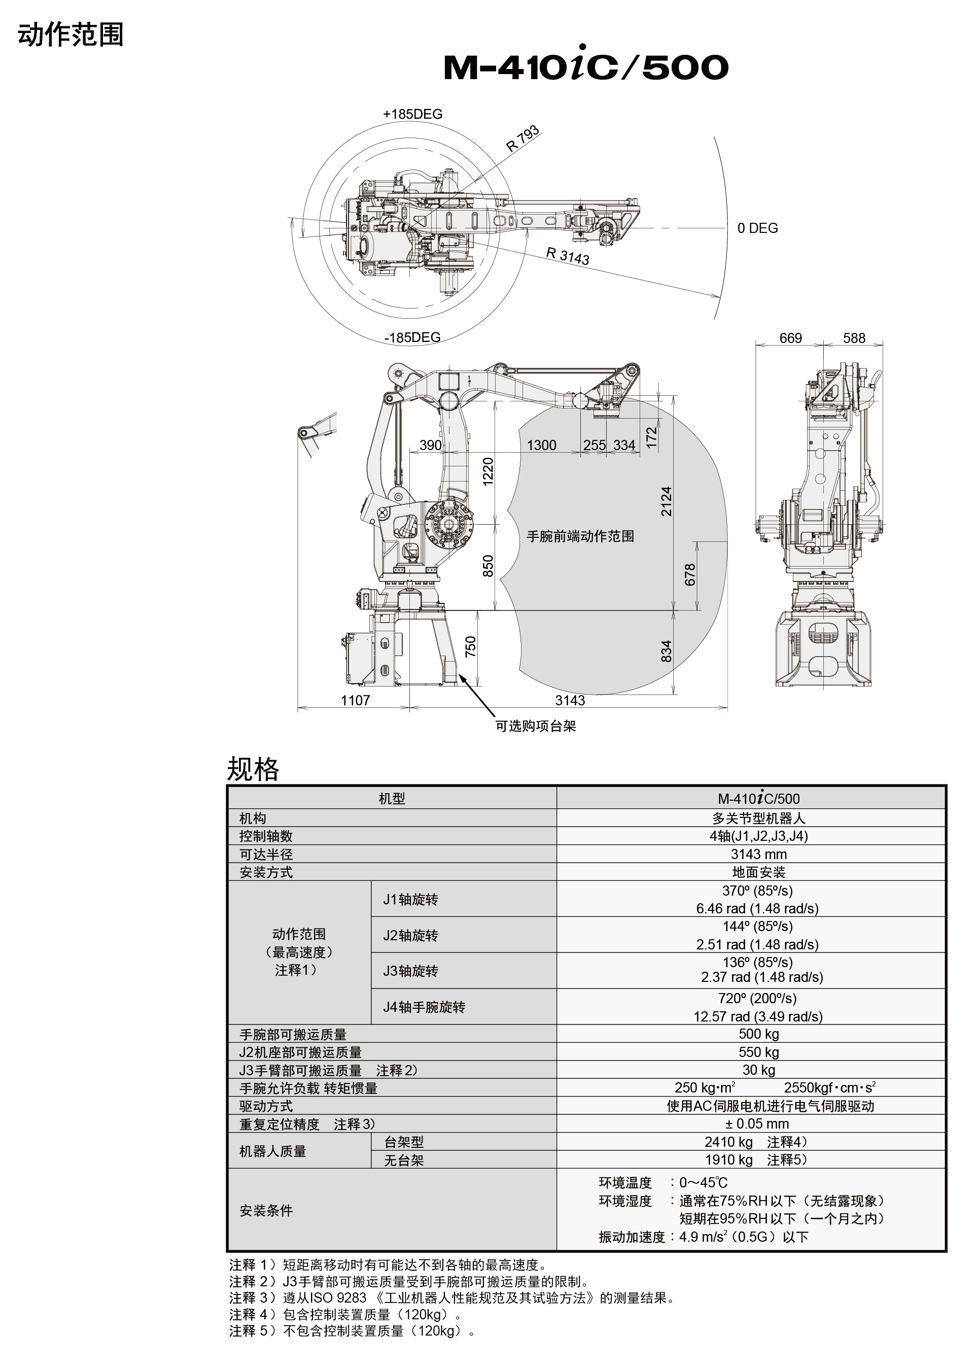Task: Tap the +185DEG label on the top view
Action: (412, 114)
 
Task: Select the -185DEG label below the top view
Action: (412, 337)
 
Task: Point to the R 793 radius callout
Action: (522, 139)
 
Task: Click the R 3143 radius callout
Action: (567, 256)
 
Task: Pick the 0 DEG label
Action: (757, 228)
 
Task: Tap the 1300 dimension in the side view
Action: (541, 445)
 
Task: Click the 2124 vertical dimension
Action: (666, 501)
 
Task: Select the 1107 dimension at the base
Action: (355, 700)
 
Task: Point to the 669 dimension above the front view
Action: (790, 338)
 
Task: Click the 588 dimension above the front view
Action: (854, 338)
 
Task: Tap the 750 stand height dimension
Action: (471, 646)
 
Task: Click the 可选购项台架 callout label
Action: (535, 726)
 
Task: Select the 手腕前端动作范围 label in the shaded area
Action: (580, 536)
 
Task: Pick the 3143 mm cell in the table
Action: (758, 854)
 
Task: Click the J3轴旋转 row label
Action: (411, 971)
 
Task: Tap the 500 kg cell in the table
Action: (758, 1034)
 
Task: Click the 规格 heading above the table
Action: (253, 769)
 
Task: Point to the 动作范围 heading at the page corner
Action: (71, 35)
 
